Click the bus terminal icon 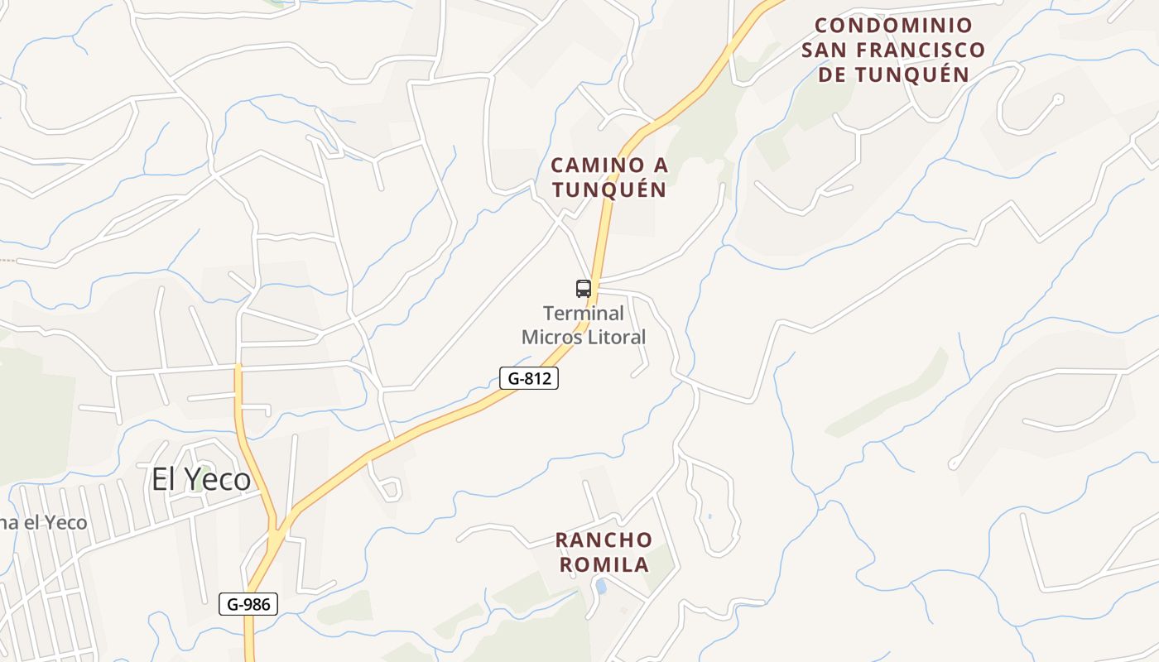584,289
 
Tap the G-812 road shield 529,379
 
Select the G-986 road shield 248,604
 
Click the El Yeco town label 200,479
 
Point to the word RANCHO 604,540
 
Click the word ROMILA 604,565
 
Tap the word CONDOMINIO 893,25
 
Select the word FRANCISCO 920,50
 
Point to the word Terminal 584,314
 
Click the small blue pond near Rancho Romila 601,587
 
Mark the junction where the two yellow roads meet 277,530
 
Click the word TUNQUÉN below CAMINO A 609,189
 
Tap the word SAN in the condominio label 824,50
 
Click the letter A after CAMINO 660,165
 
